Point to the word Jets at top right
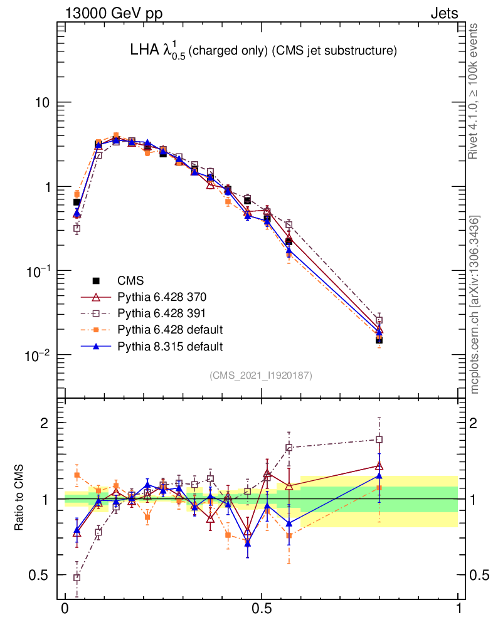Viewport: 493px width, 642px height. tap(443, 13)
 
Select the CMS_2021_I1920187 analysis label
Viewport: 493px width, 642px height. tap(260, 376)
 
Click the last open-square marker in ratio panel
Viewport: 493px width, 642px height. tap(379, 440)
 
